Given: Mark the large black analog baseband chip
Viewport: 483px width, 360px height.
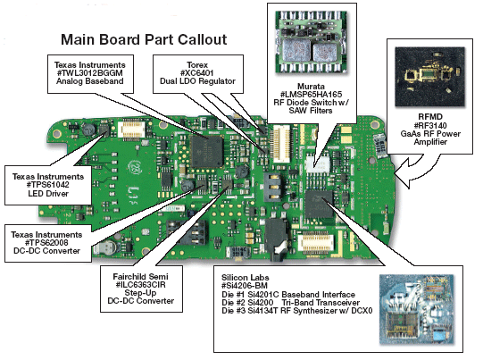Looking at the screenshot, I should [209, 151].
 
